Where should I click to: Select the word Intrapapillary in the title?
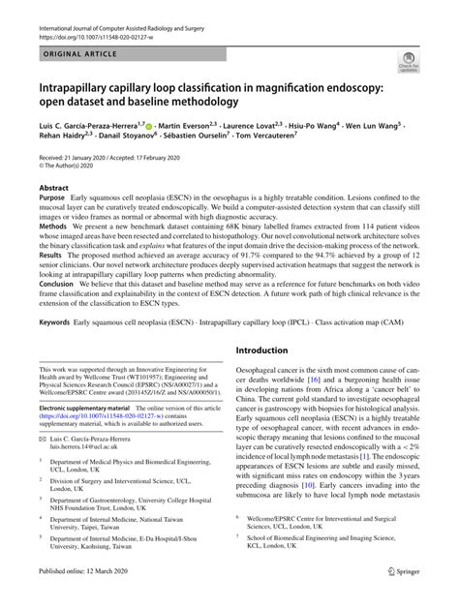[x=83, y=87]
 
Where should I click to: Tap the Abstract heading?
[x=53, y=189]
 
